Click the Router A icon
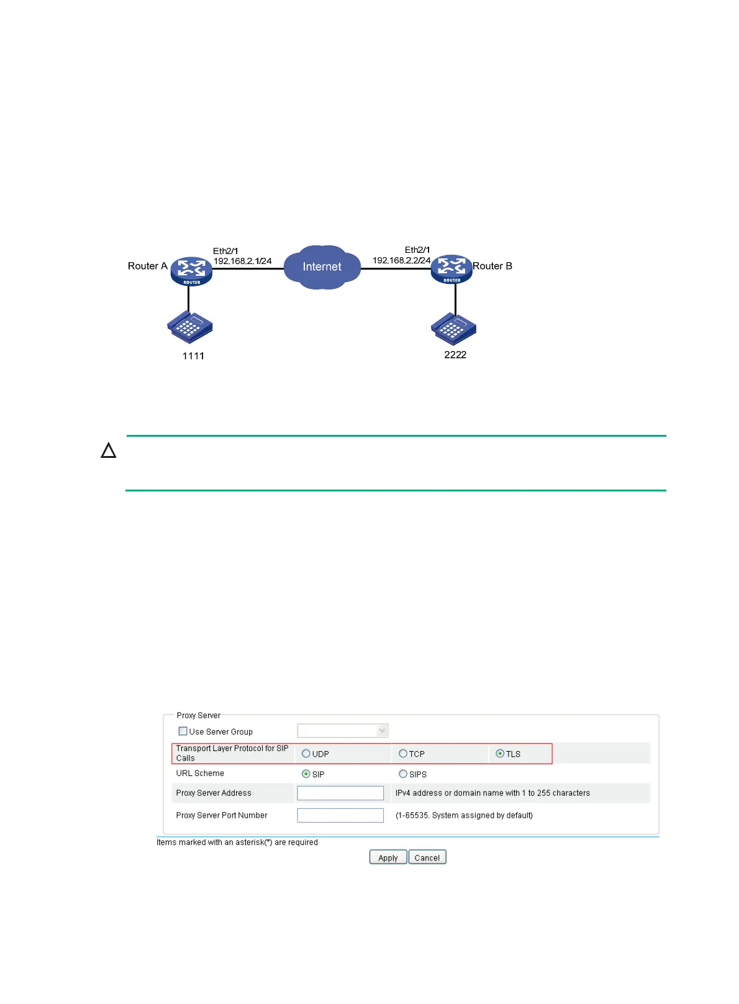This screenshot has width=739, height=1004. pyautogui.click(x=191, y=270)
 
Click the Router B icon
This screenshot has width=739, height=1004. pyautogui.click(x=451, y=269)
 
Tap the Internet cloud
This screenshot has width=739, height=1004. pyautogui.click(x=322, y=267)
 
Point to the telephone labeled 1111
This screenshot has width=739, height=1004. pyautogui.click(x=190, y=327)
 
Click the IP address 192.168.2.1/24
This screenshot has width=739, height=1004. pyautogui.click(x=242, y=261)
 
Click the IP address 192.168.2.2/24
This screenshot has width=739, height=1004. pyautogui.click(x=401, y=260)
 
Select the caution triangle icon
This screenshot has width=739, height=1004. pyautogui.click(x=109, y=450)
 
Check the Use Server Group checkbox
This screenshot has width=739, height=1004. pyautogui.click(x=183, y=731)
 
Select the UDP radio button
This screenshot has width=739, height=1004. pyautogui.click(x=306, y=754)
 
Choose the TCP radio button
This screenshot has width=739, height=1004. pyautogui.click(x=403, y=754)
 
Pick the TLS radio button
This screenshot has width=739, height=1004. pyautogui.click(x=500, y=754)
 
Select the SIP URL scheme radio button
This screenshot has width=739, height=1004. pyautogui.click(x=306, y=774)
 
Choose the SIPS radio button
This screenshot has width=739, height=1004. pyautogui.click(x=403, y=774)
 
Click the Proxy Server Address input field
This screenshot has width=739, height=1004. pyautogui.click(x=340, y=793)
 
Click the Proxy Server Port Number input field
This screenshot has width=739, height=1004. pyautogui.click(x=340, y=815)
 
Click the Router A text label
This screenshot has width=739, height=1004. pyautogui.click(x=147, y=266)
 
